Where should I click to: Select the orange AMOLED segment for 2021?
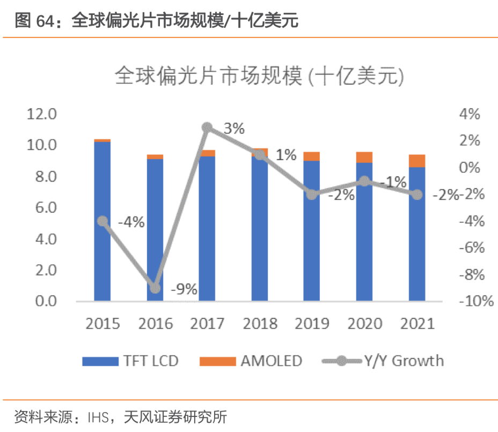click(x=417, y=161)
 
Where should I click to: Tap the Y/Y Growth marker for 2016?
click(x=155, y=288)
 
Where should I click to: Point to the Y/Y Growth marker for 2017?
click(x=208, y=128)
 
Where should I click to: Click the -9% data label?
click(x=184, y=290)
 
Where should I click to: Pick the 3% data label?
click(x=234, y=129)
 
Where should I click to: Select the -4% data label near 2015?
click(x=131, y=221)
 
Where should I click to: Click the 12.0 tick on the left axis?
click(x=42, y=114)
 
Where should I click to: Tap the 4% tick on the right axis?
click(x=472, y=114)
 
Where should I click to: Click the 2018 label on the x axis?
click(x=260, y=324)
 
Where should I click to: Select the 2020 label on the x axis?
click(x=364, y=324)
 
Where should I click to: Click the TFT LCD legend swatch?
click(x=100, y=361)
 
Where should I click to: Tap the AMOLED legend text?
click(x=271, y=361)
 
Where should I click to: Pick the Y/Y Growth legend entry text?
click(x=404, y=361)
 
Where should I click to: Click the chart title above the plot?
click(x=259, y=78)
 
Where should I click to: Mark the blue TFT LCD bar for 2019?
click(x=312, y=230)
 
